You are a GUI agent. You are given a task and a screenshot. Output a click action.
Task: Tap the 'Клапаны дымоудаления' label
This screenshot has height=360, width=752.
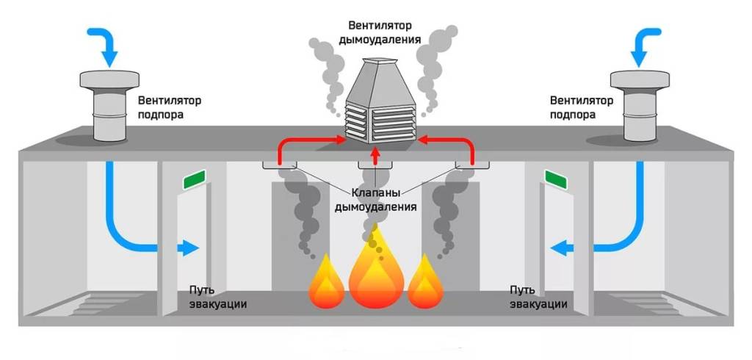375,201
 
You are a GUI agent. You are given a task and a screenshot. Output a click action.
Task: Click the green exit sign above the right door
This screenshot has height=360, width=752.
556,179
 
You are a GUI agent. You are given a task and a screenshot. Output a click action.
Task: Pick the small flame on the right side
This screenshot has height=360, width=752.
424,285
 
